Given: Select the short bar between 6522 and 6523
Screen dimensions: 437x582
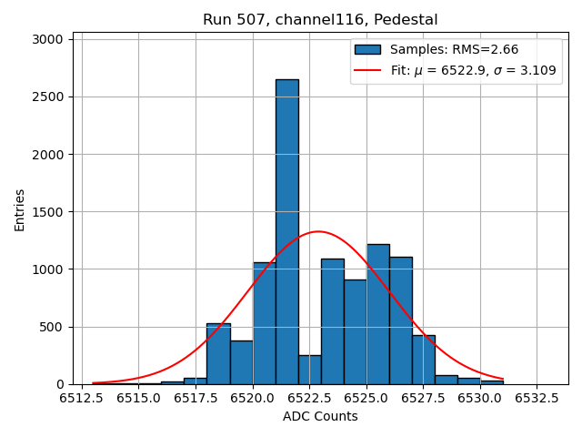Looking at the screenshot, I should coord(309,370).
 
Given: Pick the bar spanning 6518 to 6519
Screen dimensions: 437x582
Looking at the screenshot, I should coord(218,354).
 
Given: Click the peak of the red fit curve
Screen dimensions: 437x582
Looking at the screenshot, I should coord(317,231).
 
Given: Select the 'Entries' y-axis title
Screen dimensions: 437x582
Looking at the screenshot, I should coord(20,210).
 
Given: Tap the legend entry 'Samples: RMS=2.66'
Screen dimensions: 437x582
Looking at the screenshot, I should coord(454,49).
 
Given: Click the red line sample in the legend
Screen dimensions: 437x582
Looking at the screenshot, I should coord(367,70).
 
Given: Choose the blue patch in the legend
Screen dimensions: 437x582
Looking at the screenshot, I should coord(367,49).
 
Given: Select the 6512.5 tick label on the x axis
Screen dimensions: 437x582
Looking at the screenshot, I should coord(82,398).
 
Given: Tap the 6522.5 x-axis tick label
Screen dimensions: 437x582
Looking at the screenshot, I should coord(309,398).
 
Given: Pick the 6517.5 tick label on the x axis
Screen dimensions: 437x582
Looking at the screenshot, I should coord(196,398).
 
